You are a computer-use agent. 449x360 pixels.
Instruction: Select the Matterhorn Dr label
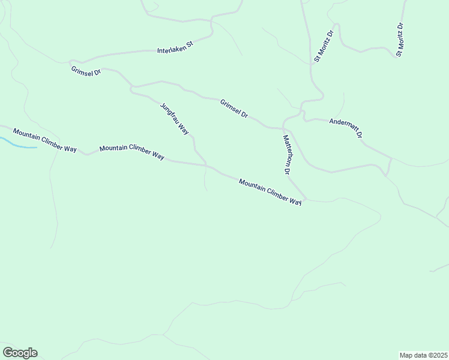click(x=287, y=154)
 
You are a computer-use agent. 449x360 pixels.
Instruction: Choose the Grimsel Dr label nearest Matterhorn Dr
click(x=234, y=108)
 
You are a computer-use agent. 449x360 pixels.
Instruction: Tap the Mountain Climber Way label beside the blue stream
click(x=45, y=141)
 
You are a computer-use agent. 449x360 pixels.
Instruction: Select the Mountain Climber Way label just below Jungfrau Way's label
click(x=132, y=152)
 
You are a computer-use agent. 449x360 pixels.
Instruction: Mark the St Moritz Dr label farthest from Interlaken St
click(x=400, y=40)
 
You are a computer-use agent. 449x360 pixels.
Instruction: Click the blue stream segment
click(x=18, y=145)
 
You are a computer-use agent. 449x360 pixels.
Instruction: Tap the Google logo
click(x=20, y=353)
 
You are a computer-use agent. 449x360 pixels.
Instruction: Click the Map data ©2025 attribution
click(x=423, y=355)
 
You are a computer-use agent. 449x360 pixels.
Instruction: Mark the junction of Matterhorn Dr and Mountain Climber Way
click(x=307, y=199)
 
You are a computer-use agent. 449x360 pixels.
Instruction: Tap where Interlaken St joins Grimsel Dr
click(x=72, y=61)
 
